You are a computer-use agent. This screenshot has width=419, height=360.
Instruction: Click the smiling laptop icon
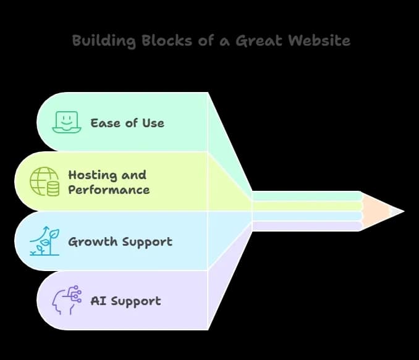click(67, 122)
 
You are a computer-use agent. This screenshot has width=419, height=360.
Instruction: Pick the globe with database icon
click(45, 182)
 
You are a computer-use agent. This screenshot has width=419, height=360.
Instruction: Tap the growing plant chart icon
click(44, 241)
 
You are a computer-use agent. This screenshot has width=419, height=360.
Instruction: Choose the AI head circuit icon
click(67, 301)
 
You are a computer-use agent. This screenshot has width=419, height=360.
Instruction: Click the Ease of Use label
click(127, 122)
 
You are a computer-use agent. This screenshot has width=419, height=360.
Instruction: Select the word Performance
click(109, 190)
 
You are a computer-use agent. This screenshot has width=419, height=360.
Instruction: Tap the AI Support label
click(125, 301)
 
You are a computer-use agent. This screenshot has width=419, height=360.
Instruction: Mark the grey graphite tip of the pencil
click(397, 211)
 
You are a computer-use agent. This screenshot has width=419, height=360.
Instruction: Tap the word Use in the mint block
click(153, 122)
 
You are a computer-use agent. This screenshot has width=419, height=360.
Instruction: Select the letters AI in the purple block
click(97, 301)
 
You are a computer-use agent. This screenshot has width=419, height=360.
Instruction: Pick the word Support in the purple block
click(136, 302)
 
